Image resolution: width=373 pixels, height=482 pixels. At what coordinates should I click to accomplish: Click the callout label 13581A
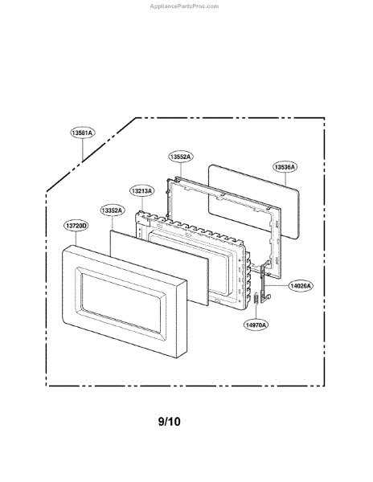pyautogui.click(x=82, y=133)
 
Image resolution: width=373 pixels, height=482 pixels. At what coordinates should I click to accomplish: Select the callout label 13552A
pyautogui.click(x=181, y=157)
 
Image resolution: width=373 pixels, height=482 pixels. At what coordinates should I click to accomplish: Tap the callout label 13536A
pyautogui.click(x=285, y=167)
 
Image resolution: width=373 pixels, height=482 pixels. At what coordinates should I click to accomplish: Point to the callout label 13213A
pyautogui.click(x=141, y=191)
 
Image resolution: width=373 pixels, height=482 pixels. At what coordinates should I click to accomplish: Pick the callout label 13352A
pyautogui.click(x=112, y=210)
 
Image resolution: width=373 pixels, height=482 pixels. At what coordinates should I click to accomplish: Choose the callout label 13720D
pyautogui.click(x=76, y=226)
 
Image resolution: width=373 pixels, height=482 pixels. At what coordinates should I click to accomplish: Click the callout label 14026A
pyautogui.click(x=301, y=286)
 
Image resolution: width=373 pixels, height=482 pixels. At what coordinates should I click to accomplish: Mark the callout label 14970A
pyautogui.click(x=256, y=325)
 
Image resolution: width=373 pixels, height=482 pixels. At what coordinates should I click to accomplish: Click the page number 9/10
pyautogui.click(x=169, y=421)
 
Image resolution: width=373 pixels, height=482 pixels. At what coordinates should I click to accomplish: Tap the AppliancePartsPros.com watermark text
pyautogui.click(x=184, y=6)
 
